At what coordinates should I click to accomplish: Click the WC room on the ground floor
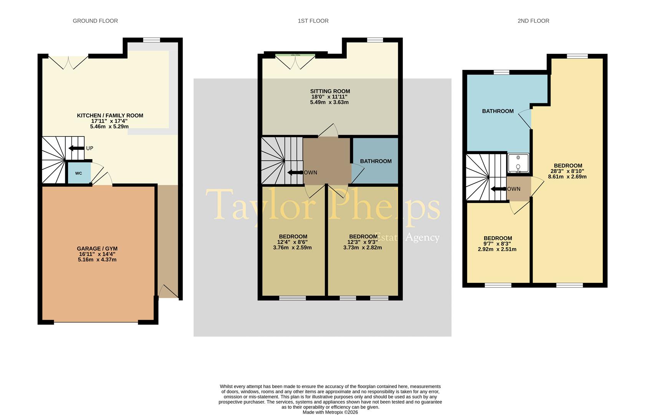coord(79,173)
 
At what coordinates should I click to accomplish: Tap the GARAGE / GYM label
coord(97,249)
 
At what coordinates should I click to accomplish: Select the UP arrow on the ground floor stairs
coord(76,148)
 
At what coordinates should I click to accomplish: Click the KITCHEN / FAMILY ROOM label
coord(110,115)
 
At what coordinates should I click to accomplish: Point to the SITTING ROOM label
coord(330,91)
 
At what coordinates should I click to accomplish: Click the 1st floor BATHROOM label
coord(375,161)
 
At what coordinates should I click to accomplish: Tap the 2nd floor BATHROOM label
coord(498,111)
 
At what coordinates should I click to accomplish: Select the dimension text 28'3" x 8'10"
coord(567,171)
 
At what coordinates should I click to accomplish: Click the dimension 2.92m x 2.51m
coord(497,249)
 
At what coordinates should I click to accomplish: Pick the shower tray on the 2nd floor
coord(518,163)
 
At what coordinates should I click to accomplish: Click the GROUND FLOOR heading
coord(95,21)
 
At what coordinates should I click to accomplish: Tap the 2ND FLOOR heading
coord(533,21)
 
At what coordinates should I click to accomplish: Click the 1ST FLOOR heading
coord(313,21)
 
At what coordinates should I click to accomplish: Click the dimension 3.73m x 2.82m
coord(362,247)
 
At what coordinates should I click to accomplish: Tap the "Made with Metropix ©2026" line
coord(330,412)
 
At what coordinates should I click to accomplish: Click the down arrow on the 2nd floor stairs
coord(498,189)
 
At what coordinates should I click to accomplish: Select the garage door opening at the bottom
coord(96,322)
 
